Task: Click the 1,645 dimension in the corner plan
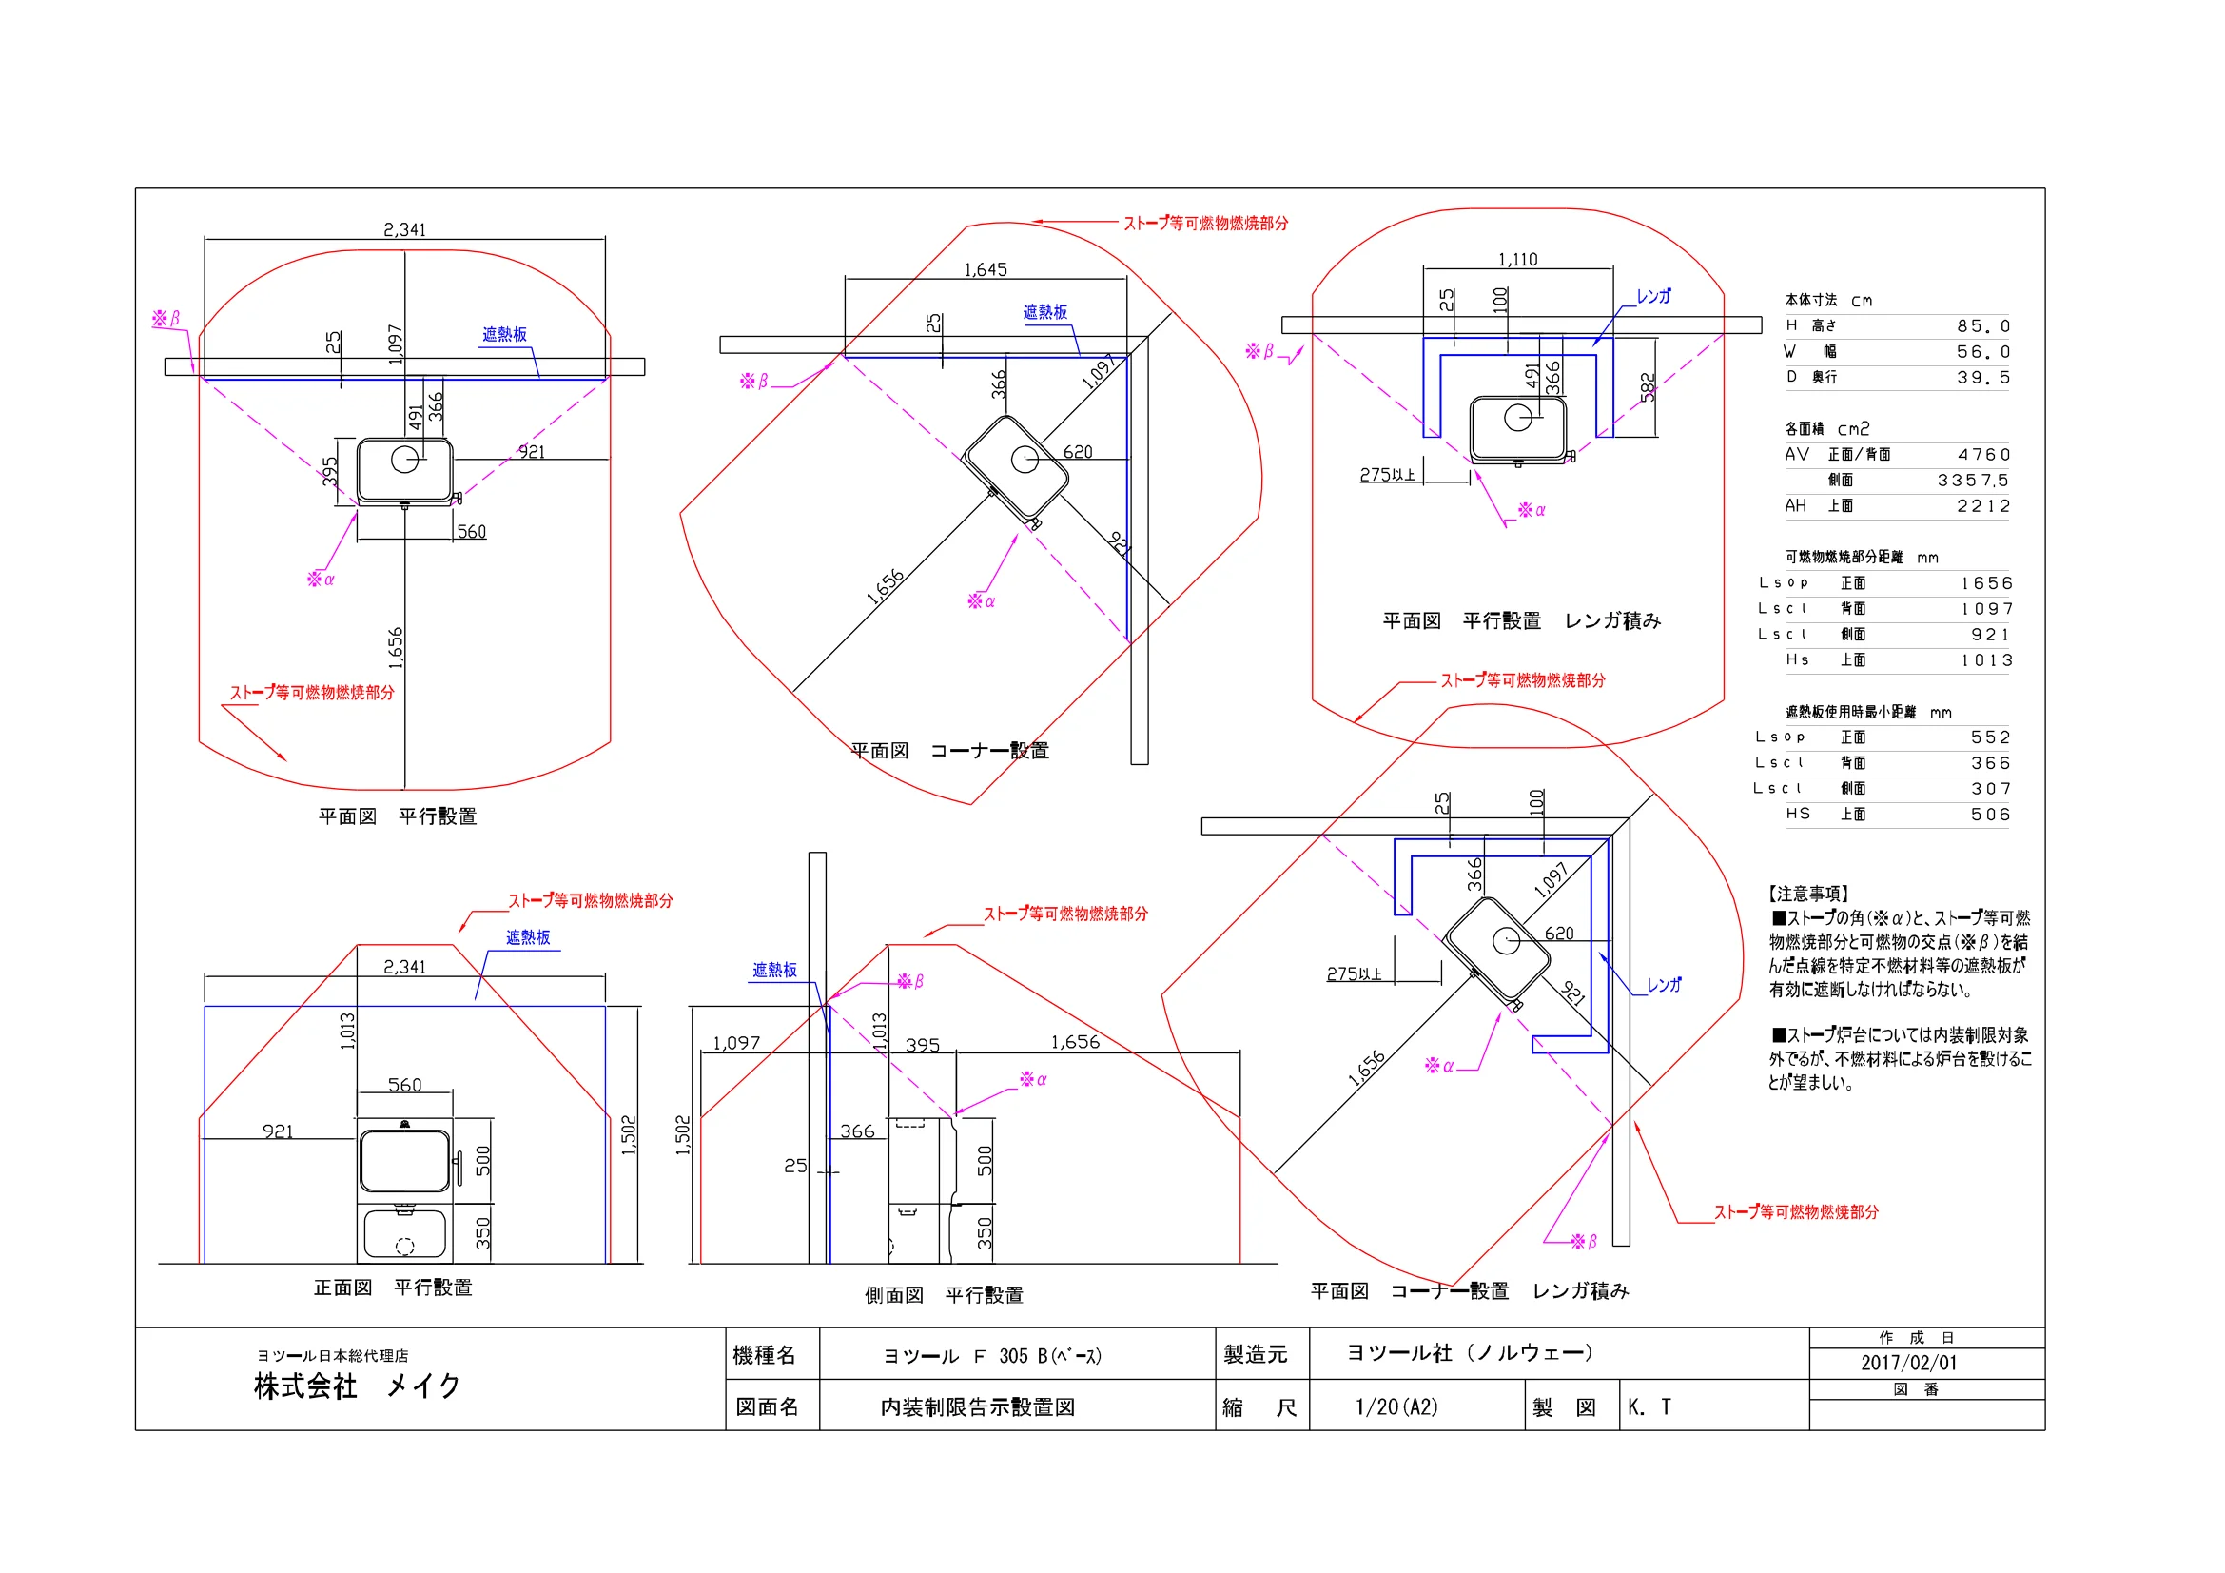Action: (985, 269)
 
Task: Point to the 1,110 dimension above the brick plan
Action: (1517, 260)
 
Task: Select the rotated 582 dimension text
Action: (1648, 386)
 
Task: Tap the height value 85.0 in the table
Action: (1982, 326)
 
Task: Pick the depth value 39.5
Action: (1982, 378)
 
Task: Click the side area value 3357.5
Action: (1973, 481)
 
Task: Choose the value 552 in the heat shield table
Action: (1990, 737)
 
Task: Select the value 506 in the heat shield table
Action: (1990, 816)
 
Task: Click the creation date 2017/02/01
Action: (1908, 1363)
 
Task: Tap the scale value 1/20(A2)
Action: (1396, 1407)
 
